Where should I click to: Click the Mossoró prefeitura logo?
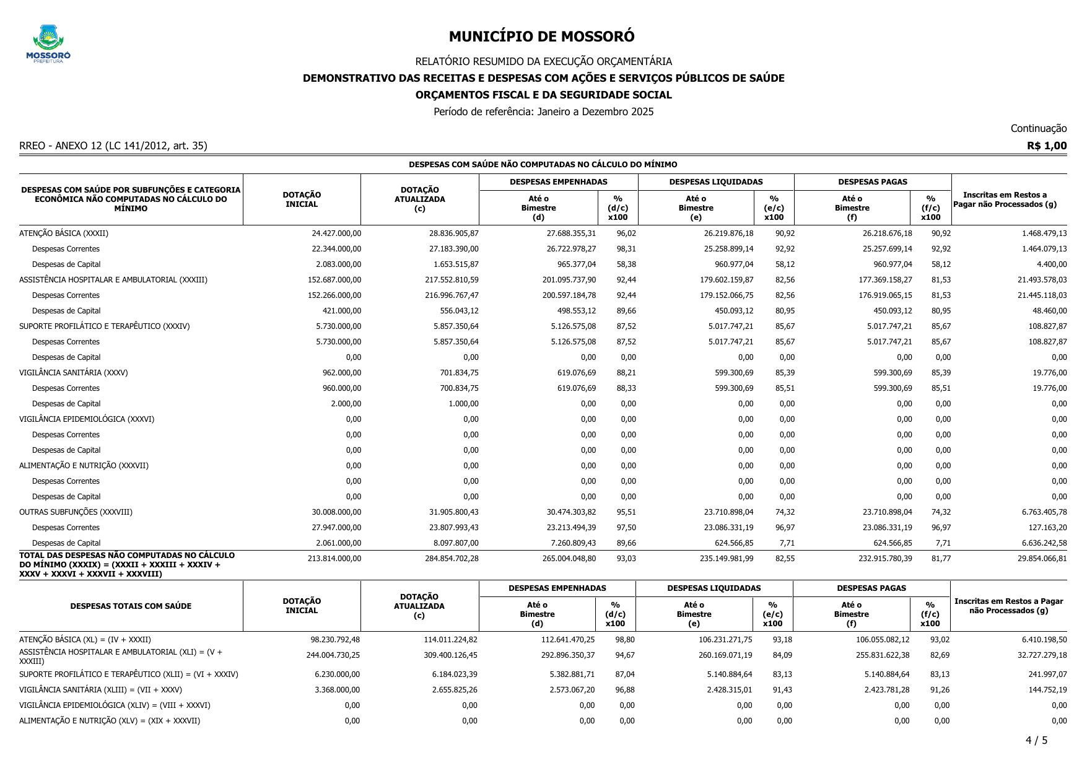tap(48, 44)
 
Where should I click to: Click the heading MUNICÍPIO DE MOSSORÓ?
tap(541, 37)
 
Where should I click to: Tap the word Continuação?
tap(1038, 128)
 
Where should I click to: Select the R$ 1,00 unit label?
tap(1047, 146)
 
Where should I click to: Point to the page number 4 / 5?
tap(1036, 740)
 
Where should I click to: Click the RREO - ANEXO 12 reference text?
tap(113, 146)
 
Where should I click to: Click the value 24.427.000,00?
tap(336, 233)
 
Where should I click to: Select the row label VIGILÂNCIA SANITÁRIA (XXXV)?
tap(74, 373)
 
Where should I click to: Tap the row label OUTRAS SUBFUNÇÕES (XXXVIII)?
tap(76, 512)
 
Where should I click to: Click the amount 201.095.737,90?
tap(569, 280)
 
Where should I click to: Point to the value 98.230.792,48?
tap(334, 640)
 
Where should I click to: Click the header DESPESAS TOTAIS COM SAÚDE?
tap(131, 606)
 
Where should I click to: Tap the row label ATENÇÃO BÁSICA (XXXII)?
tap(64, 233)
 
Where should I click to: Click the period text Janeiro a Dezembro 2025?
tap(595, 112)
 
